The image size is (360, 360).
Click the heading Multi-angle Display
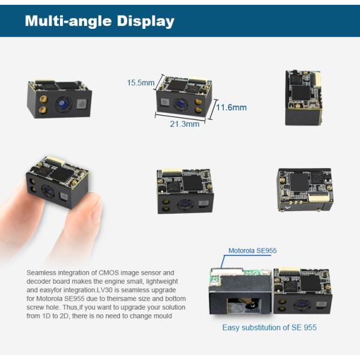[100, 22]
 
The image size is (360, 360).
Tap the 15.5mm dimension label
[140, 83]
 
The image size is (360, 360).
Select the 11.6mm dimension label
[231, 107]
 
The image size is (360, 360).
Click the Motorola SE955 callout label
[252, 251]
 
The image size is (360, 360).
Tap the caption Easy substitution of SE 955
[269, 328]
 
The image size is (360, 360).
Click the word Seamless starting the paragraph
[43, 273]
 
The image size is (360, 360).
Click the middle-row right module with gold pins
[304, 189]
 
